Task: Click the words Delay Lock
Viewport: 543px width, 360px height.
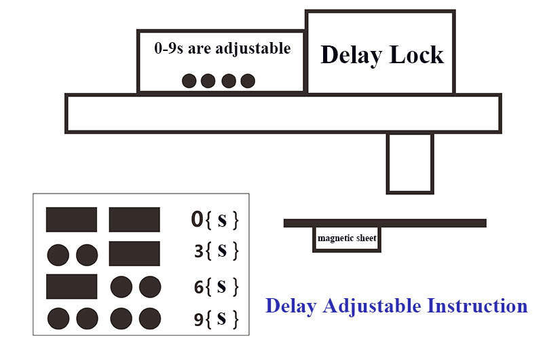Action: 381,55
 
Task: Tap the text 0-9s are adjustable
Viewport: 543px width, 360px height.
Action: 222,49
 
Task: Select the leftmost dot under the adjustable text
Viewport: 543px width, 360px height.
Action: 189,81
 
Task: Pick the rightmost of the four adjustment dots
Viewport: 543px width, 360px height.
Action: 248,81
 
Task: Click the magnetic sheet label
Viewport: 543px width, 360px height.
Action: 347,238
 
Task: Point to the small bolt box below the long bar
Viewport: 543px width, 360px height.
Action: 409,163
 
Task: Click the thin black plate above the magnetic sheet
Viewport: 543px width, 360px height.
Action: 385,223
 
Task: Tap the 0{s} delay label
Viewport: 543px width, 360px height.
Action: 214,219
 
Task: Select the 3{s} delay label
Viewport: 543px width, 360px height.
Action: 216,251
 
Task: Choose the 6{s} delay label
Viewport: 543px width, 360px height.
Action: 216,287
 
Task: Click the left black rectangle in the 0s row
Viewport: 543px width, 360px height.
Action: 71,219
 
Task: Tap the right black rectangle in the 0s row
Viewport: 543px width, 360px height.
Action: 134,219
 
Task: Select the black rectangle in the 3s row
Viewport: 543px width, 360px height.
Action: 134,253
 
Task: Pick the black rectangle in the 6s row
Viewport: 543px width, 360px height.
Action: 71,286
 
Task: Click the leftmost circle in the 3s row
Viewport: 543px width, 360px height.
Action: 58,255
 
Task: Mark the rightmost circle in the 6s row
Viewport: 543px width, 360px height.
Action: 149,287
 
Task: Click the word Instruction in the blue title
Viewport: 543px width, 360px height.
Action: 475,306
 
